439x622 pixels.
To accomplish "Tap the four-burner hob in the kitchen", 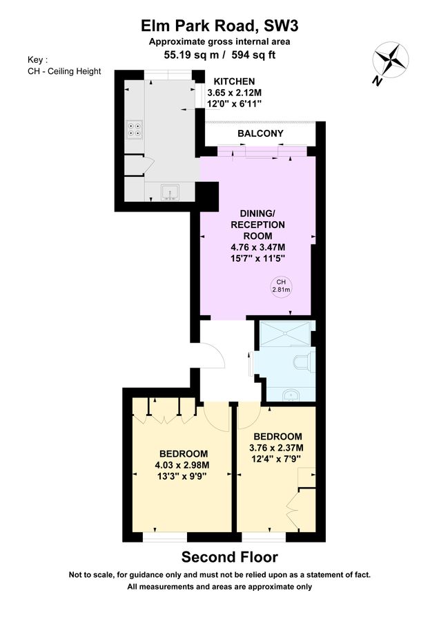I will [x=135, y=129].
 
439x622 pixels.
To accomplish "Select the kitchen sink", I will [x=170, y=191].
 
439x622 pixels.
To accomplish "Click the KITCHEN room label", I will [x=234, y=82].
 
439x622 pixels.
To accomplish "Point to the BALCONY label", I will [x=261, y=133].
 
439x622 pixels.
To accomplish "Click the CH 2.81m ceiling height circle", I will [x=281, y=286].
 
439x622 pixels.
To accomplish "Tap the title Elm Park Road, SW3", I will [x=219, y=26].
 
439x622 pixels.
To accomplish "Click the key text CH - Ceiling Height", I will [x=64, y=71].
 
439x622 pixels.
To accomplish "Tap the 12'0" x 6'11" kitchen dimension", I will [x=234, y=104].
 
